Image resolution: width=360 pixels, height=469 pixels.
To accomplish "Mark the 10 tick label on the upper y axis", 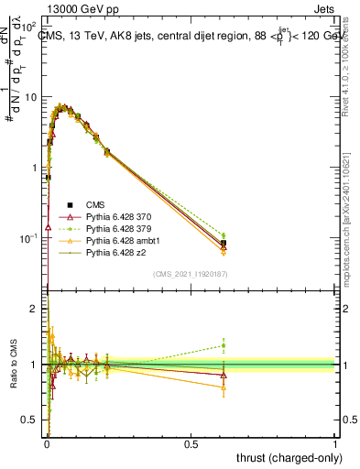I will coord(30,96).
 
